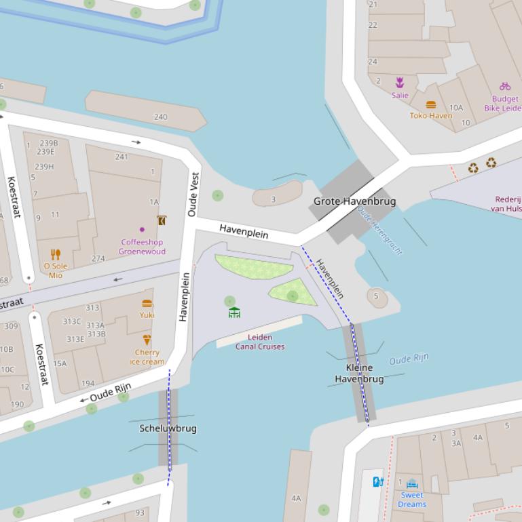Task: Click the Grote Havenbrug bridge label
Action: pyautogui.click(x=354, y=201)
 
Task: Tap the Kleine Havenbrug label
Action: pyautogui.click(x=359, y=373)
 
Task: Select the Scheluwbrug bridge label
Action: pyautogui.click(x=168, y=428)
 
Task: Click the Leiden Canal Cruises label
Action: pyautogui.click(x=260, y=342)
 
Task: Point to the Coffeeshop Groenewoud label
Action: pyautogui.click(x=142, y=247)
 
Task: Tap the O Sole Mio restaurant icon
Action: pyautogui.click(x=56, y=254)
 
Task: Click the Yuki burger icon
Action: pyautogui.click(x=147, y=304)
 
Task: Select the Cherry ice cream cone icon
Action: pyautogui.click(x=147, y=340)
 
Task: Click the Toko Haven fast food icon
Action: pyautogui.click(x=431, y=105)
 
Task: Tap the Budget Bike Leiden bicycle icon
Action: pyautogui.click(x=504, y=86)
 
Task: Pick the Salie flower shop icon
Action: pyautogui.click(x=400, y=83)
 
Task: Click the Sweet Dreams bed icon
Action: pyautogui.click(x=411, y=484)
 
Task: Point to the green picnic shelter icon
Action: pyautogui.click(x=234, y=312)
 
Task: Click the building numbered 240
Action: pyautogui.click(x=160, y=117)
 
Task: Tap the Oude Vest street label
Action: pyautogui.click(x=194, y=194)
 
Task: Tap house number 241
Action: pyautogui.click(x=121, y=157)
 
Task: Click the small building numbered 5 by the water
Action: pyautogui.click(x=377, y=295)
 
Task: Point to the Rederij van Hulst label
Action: pyautogui.click(x=506, y=204)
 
